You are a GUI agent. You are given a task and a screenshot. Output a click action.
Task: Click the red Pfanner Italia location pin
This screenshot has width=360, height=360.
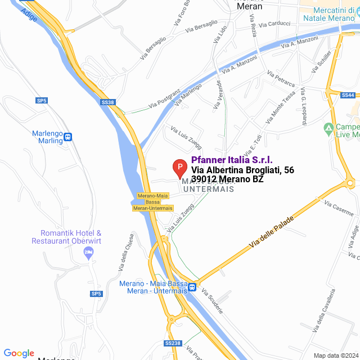tap(179, 168)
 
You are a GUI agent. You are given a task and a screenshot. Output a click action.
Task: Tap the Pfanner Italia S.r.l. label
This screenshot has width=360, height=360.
tap(232, 160)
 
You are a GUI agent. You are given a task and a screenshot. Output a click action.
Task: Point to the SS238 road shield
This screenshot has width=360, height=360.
tap(173, 343)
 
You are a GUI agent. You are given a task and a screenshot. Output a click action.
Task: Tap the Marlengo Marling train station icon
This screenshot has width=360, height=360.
tap(68, 137)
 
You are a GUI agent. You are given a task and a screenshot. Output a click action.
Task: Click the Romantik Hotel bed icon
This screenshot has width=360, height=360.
tap(88, 254)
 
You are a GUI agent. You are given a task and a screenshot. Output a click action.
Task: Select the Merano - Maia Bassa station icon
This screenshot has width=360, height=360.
tap(192, 287)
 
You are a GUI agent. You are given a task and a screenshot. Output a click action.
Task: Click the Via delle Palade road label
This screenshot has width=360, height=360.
tap(272, 232)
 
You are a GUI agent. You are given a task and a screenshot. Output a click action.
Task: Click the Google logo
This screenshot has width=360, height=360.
tap(19, 353)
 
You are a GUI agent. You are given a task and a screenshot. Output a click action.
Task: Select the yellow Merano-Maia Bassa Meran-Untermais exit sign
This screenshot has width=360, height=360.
tap(152, 202)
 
